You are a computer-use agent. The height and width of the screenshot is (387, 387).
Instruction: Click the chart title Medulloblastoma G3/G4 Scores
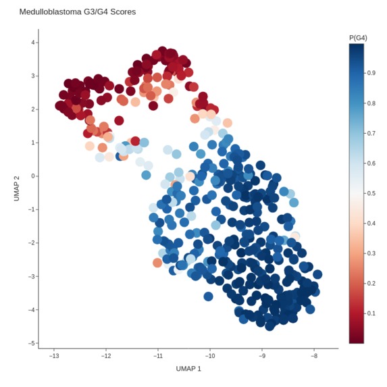coord(77,12)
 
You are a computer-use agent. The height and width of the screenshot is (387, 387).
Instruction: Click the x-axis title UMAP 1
coord(188,369)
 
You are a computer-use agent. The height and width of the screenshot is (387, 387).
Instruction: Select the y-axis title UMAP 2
coord(17,186)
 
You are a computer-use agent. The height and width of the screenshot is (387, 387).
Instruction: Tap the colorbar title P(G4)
coord(358,38)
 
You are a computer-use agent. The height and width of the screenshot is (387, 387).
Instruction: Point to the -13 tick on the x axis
coord(54,356)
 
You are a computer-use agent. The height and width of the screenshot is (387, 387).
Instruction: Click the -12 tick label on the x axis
coord(106,356)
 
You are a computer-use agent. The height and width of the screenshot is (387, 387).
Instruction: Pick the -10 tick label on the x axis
coord(210,356)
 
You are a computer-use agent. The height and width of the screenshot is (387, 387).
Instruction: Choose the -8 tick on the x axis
coord(314,356)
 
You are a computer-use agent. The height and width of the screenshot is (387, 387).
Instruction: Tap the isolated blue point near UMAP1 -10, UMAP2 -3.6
coord(208,296)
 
